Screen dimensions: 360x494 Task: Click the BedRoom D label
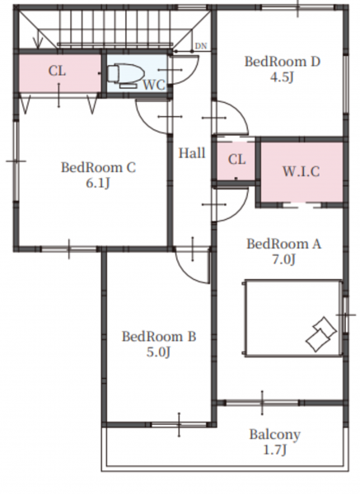[283, 62]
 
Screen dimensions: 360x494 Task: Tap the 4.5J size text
[282, 77]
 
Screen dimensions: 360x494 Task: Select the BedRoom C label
[98, 167]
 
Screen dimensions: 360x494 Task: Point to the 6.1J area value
[98, 183]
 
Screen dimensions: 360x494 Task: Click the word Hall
[192, 153]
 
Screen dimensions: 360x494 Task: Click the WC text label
[154, 85]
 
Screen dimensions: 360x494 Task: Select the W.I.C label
[301, 172]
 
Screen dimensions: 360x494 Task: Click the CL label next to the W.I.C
[236, 160]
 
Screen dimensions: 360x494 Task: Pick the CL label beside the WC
[58, 71]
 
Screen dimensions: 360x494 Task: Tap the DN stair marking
[201, 46]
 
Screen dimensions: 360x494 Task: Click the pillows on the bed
[321, 334]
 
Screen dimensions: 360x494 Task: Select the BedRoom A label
[283, 245]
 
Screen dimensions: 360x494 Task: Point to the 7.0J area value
[283, 259]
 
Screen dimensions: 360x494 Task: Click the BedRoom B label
[159, 337]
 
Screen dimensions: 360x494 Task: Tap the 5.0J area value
[158, 352]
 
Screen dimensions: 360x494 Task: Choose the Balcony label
[274, 435]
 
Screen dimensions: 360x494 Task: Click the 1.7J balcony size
[275, 450]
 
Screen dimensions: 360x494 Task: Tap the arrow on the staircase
[38, 40]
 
